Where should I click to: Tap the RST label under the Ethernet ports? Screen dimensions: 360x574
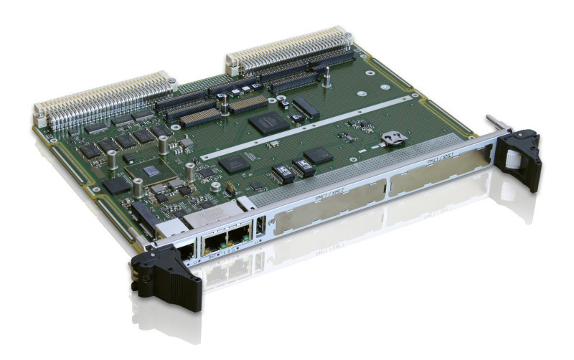[x=213, y=255]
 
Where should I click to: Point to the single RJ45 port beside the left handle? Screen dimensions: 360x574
[x=185, y=250]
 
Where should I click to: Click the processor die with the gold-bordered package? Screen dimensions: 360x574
[x=151, y=171]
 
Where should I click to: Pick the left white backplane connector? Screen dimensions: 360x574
[x=104, y=100]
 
